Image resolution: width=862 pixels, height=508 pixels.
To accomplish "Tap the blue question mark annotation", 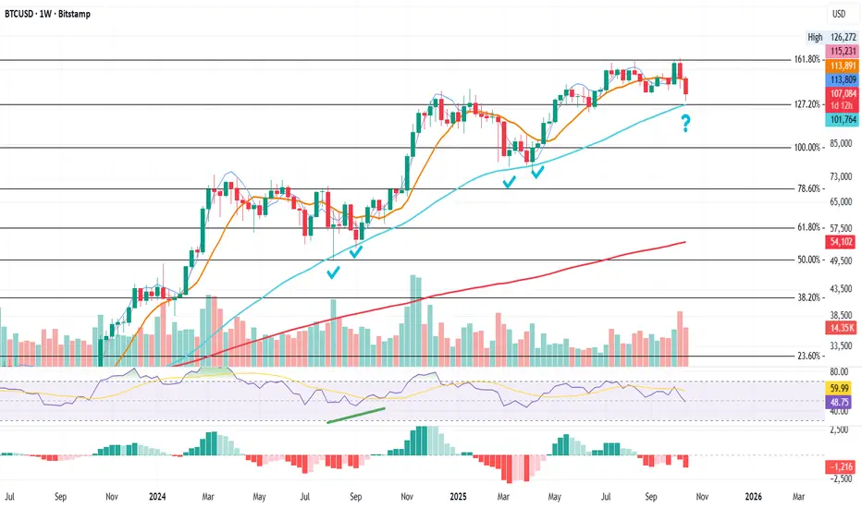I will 686,121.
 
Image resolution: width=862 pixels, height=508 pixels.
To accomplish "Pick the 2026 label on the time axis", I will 754,495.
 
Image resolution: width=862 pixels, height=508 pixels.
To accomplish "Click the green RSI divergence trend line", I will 356,415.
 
